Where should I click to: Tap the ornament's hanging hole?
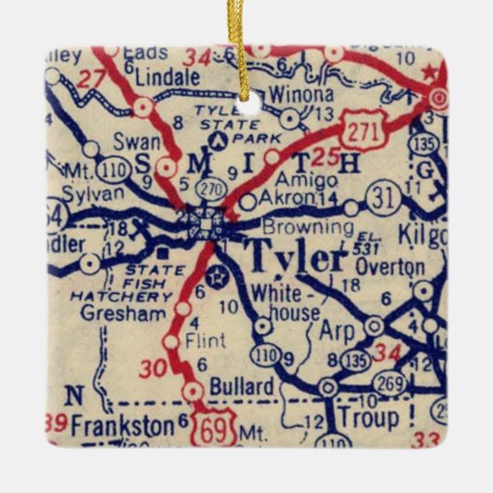pos(247,94)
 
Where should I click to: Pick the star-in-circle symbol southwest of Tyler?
pos(219,275)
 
